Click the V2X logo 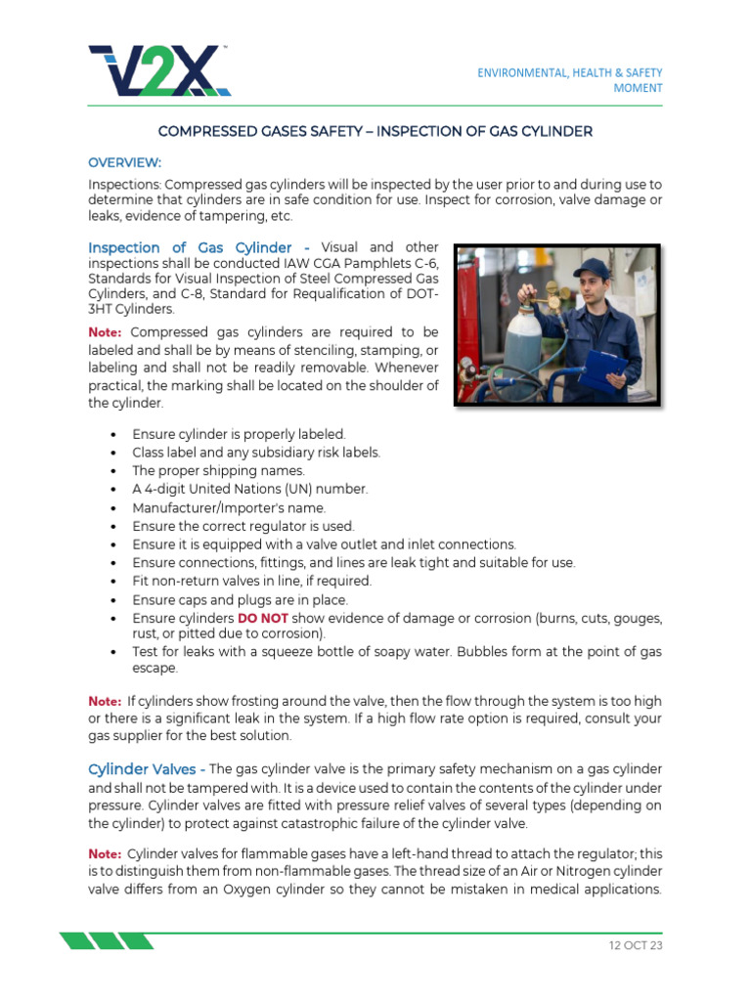click(x=159, y=69)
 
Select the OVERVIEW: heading click(x=124, y=161)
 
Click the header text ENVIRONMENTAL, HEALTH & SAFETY click(x=569, y=72)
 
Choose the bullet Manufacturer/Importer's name click(x=229, y=507)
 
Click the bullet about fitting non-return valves click(x=251, y=582)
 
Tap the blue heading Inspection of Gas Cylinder click(x=192, y=247)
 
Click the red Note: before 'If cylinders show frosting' click(x=105, y=701)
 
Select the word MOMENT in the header click(x=638, y=88)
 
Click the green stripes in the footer click(x=106, y=941)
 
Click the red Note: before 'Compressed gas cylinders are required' click(x=105, y=332)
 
